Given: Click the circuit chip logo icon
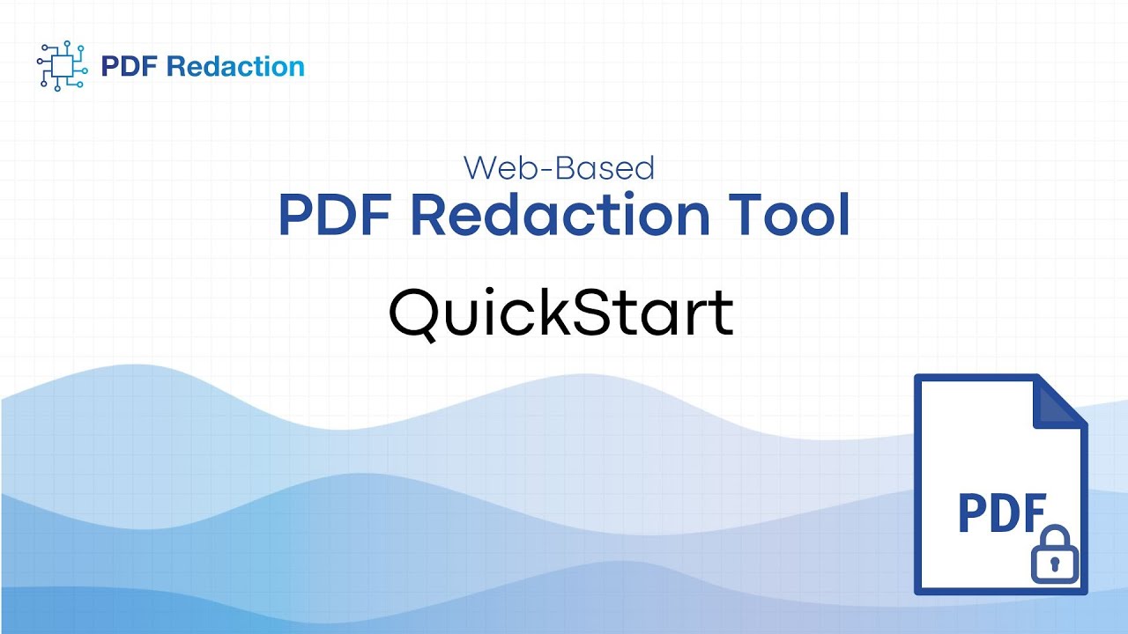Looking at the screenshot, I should [x=61, y=66].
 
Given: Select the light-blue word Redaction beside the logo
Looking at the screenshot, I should [x=235, y=67].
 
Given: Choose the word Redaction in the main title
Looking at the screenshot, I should [x=560, y=215].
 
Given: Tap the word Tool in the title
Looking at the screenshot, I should [x=789, y=215].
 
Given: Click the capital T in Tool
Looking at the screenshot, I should [x=742, y=215].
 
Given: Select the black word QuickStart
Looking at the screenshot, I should [x=561, y=312].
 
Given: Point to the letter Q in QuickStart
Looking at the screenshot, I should [x=416, y=313].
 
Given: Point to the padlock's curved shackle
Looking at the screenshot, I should [x=1055, y=536].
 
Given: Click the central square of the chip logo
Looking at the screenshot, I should [x=61, y=66].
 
